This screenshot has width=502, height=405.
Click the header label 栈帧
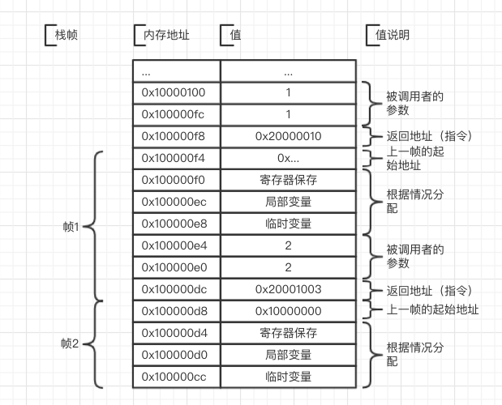68,36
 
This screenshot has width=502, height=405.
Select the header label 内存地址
166,36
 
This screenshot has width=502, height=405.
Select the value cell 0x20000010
288,136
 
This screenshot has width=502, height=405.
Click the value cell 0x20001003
288,289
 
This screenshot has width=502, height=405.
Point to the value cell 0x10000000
288,311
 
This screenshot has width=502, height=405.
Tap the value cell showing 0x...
288,158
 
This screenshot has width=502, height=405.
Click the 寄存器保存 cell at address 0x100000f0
288,180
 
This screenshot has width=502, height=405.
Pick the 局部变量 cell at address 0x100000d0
288,355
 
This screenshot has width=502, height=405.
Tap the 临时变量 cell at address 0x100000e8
288,224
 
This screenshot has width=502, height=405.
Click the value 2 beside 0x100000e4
288,245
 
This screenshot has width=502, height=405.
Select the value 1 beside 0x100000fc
288,114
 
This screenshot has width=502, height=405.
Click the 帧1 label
71,226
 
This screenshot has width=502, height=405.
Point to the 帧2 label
71,343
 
